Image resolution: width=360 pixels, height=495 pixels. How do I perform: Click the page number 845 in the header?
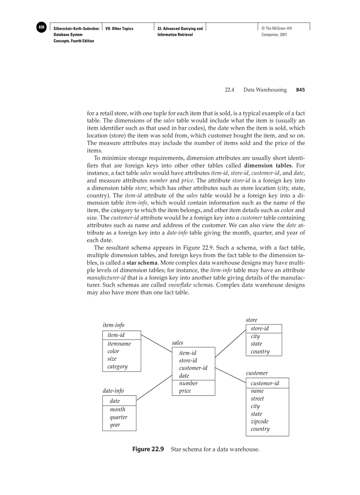coord(300,90)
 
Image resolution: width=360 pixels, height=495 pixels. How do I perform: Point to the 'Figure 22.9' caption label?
coord(148,450)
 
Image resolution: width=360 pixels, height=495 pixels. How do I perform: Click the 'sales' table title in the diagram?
coord(177,342)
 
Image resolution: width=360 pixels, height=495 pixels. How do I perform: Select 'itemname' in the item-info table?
coord(119,344)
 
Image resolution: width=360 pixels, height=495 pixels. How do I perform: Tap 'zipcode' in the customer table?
coord(259,421)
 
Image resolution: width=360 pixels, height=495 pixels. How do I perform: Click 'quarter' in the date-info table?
coord(118,417)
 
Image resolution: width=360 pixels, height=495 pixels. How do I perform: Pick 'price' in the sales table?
coord(185,391)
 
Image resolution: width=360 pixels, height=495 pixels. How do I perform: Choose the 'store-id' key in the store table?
coord(259,329)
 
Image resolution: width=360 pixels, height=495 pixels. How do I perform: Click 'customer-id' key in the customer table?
coord(265,383)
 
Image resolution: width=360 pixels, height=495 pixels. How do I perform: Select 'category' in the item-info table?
coord(117,366)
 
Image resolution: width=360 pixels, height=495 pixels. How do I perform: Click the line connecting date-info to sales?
coord(154,388)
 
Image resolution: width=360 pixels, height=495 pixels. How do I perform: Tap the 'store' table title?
coord(251,320)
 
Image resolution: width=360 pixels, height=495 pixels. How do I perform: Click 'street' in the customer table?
coord(257,398)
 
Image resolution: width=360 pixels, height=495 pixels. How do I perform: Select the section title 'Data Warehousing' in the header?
coord(265,90)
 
